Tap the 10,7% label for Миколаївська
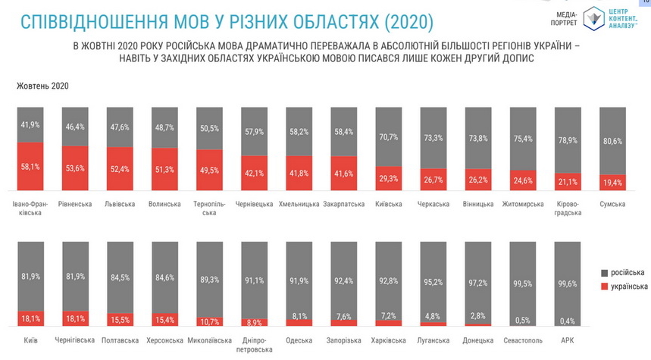(209, 321)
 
